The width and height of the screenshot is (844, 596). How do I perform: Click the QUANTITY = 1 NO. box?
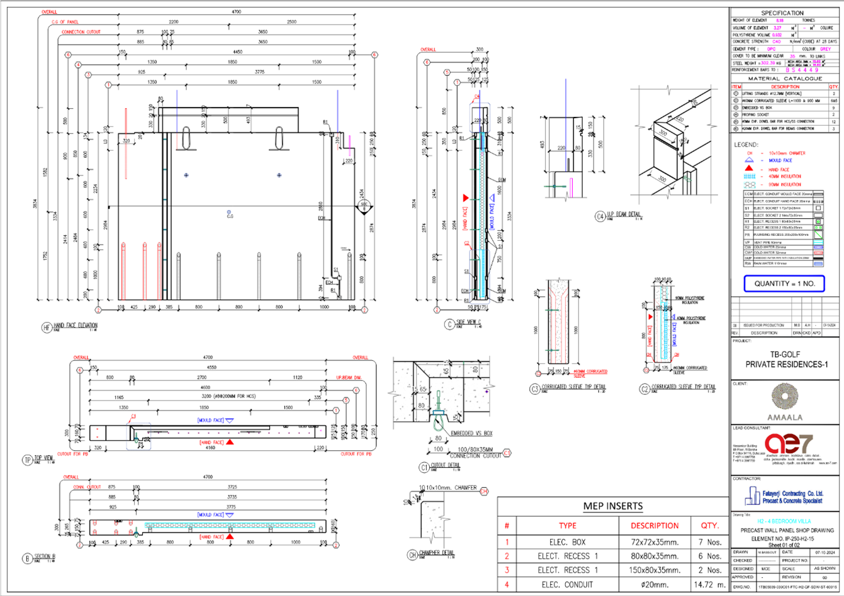click(784, 284)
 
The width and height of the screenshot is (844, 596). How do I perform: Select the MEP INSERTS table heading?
click(612, 506)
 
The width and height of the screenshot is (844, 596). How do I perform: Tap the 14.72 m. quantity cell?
click(709, 585)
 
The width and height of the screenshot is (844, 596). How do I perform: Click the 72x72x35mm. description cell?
click(655, 541)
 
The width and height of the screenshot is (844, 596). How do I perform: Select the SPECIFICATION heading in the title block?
click(782, 13)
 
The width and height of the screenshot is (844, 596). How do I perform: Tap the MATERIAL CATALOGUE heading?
click(784, 79)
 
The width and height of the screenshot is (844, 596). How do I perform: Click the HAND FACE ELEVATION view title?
click(76, 326)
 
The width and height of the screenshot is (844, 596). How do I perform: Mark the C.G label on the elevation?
click(230, 218)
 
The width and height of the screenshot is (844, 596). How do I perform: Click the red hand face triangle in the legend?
click(749, 169)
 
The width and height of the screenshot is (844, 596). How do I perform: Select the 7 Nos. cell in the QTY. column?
click(709, 541)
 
